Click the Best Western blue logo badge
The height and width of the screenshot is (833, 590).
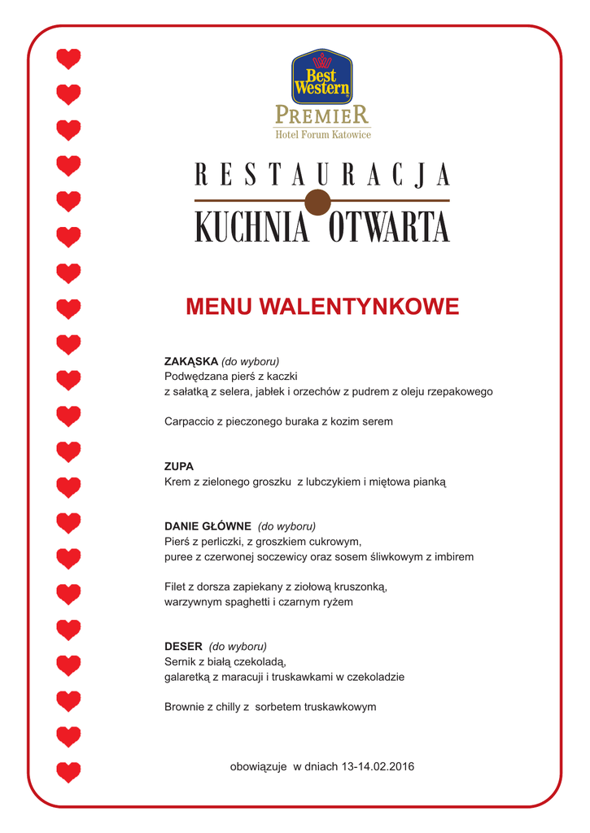click(x=321, y=76)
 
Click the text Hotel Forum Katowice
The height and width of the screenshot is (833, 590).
click(x=322, y=134)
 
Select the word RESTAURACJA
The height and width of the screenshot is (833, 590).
click(x=322, y=175)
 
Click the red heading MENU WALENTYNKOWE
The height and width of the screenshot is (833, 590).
click(x=322, y=307)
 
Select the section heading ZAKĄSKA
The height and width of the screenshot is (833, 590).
click(x=191, y=360)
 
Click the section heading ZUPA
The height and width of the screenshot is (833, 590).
click(x=179, y=466)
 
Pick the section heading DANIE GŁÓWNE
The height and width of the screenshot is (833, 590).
click(x=208, y=526)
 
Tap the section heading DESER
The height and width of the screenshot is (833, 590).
click(x=183, y=647)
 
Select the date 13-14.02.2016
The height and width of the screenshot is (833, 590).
click(x=378, y=766)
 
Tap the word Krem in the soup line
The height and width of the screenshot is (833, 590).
click(x=177, y=482)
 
